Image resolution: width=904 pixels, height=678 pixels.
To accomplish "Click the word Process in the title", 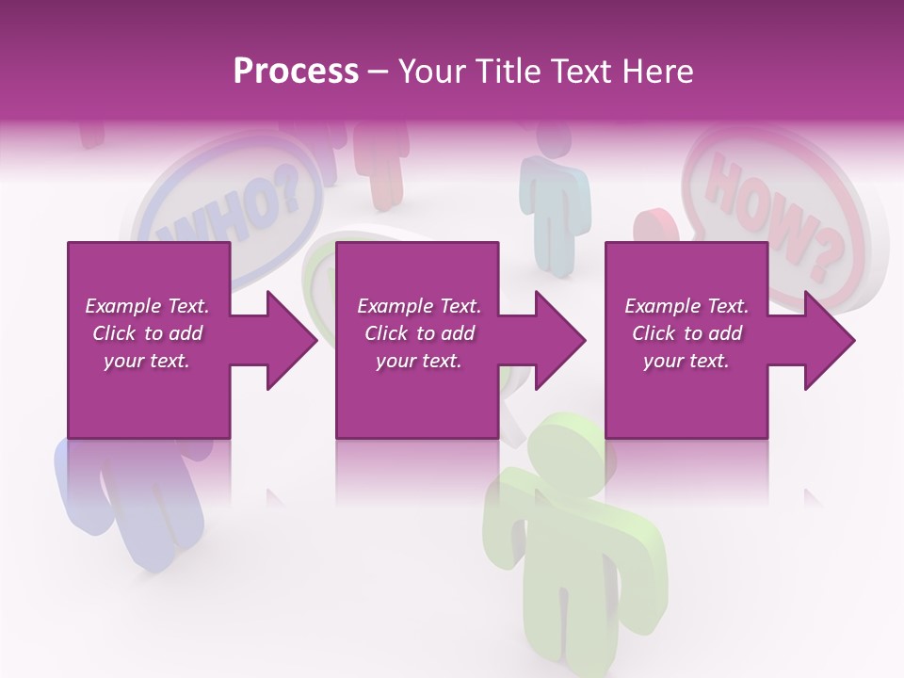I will pyautogui.click(x=296, y=72).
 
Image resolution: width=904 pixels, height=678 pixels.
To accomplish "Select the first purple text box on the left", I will pyautogui.click(x=149, y=340).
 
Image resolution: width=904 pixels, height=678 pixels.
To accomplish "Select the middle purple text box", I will pyautogui.click(x=417, y=340).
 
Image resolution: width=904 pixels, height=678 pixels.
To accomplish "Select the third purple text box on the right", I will pyautogui.click(x=686, y=340).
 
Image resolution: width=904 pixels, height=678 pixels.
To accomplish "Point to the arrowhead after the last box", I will pyautogui.click(x=828, y=340).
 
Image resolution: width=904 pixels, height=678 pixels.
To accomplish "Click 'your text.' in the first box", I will pyautogui.click(x=147, y=361).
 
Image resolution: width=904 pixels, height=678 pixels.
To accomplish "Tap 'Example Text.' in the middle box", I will pyautogui.click(x=418, y=306).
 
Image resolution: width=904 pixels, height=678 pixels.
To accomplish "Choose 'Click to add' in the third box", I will pyautogui.click(x=686, y=333).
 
